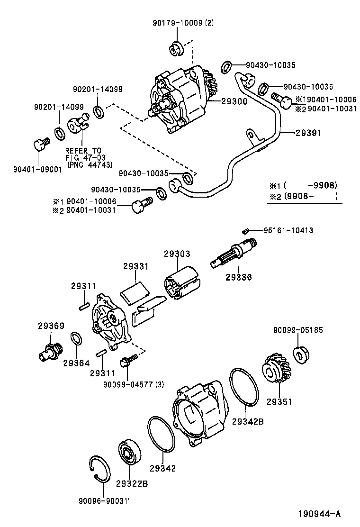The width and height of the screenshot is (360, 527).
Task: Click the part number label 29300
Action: [234, 101]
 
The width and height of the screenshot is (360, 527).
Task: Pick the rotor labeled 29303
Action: [181, 284]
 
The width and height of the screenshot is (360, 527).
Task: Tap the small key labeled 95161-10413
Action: [246, 231]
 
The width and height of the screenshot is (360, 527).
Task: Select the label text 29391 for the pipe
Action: [308, 134]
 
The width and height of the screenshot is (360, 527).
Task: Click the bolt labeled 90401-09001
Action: [41, 144]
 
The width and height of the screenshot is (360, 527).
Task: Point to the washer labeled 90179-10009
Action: [177, 49]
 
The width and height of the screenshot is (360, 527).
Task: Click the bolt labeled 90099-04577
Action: [127, 363]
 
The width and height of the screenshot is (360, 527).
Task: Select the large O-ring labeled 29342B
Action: [244, 387]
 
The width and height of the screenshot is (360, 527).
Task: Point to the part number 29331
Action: [136, 267]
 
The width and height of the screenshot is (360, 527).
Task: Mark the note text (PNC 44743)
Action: [90, 165]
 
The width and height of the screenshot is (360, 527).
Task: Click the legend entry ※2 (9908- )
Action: [303, 196]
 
